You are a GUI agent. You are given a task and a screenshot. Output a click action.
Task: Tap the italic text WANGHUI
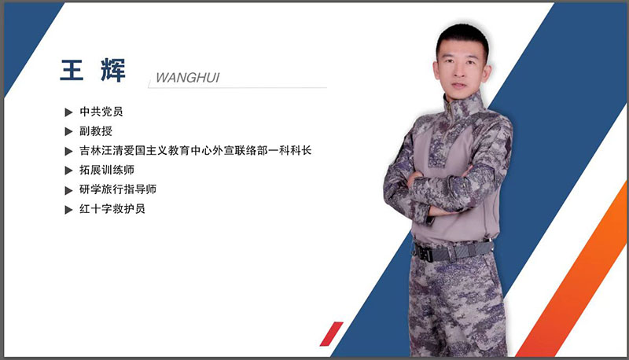pos(187,78)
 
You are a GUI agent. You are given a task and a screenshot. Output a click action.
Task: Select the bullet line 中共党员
pos(101,112)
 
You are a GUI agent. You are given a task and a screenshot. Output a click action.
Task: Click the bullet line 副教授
pos(96,131)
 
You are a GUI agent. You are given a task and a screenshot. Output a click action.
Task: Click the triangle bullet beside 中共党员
pos(69,112)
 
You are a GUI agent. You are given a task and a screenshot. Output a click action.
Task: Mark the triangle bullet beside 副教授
pos(69,131)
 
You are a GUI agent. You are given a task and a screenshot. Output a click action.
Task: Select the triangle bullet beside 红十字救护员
pos(69,210)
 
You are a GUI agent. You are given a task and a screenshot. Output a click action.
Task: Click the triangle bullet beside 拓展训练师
pos(69,171)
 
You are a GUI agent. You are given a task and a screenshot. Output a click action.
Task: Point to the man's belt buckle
pos(425,253)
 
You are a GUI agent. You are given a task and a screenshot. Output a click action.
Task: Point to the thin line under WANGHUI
pos(236,86)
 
